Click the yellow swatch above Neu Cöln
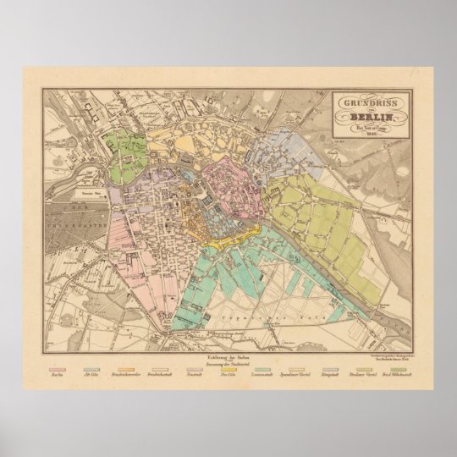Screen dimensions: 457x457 [228, 367]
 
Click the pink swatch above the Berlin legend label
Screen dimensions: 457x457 [58, 367]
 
